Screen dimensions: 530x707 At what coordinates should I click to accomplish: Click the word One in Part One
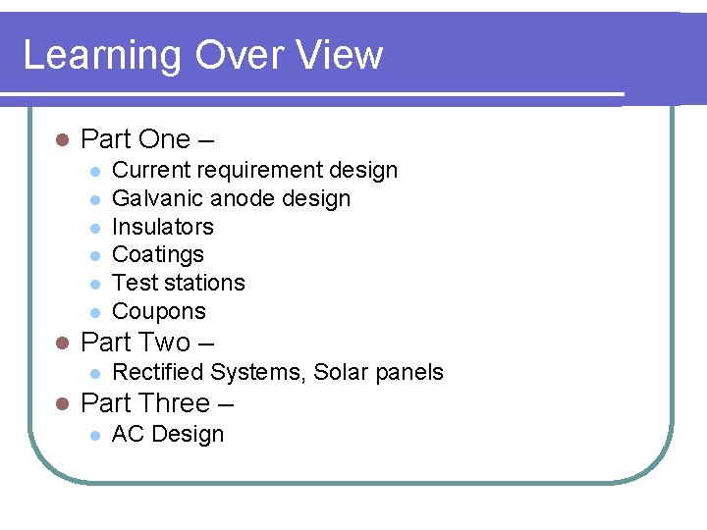pos(165,139)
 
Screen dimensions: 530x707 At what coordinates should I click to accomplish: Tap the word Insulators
pos(163,227)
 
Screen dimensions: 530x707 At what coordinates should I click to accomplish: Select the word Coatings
pos(158,255)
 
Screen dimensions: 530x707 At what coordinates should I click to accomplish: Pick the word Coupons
pos(159,312)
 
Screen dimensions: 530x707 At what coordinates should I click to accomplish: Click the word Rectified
pos(157,373)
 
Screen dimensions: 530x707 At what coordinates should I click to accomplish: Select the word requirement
pos(246,171)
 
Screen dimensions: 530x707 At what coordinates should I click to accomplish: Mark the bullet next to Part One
pos(61,140)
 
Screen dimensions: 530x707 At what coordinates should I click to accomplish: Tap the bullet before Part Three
pos(61,404)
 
